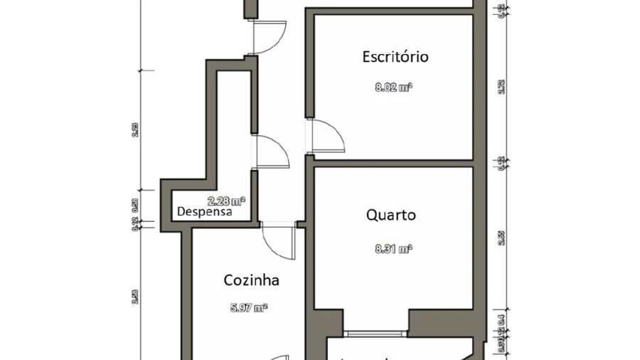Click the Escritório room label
(x=395, y=56)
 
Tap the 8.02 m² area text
(x=394, y=88)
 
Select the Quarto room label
(x=391, y=215)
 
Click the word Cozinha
(x=251, y=280)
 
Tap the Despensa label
(x=204, y=211)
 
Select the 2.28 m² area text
(x=226, y=201)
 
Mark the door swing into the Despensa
(x=271, y=151)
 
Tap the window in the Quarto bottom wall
(x=375, y=332)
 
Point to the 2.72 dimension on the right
(x=502, y=88)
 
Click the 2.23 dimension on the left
(x=135, y=129)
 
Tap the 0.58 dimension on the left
(x=135, y=206)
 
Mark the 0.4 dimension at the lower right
(x=501, y=319)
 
